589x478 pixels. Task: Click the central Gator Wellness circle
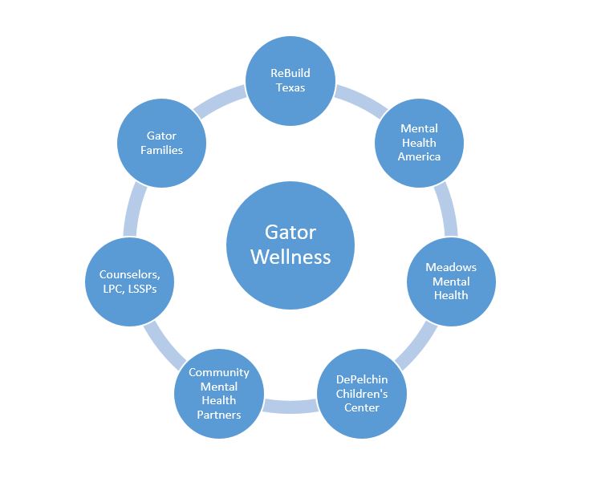(x=290, y=244)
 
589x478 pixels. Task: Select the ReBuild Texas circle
(x=290, y=80)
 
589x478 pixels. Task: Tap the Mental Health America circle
(x=419, y=142)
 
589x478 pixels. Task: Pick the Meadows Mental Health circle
(x=450, y=282)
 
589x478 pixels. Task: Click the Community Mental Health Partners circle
(x=219, y=393)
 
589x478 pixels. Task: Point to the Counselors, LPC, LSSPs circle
(x=130, y=282)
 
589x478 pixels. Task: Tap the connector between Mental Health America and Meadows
(x=443, y=210)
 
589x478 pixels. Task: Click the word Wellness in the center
(x=290, y=256)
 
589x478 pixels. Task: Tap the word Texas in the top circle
(x=290, y=87)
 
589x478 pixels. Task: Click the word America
(x=419, y=156)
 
